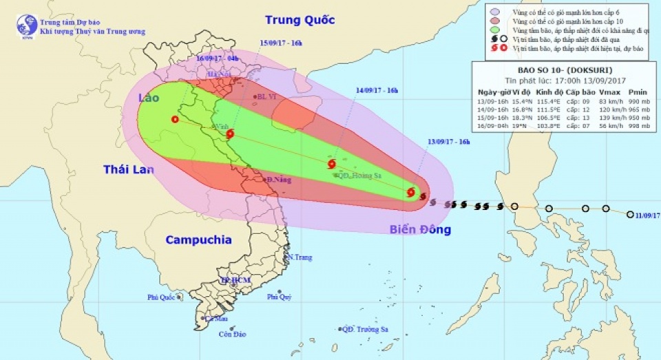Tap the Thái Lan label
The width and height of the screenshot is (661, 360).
[129, 169]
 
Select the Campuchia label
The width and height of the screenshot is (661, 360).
[198, 240]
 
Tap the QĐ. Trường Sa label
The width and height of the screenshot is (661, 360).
[365, 330]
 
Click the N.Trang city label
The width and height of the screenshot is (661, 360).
[300, 257]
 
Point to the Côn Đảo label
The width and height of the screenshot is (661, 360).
[233, 335]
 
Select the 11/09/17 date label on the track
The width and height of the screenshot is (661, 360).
[647, 215]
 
